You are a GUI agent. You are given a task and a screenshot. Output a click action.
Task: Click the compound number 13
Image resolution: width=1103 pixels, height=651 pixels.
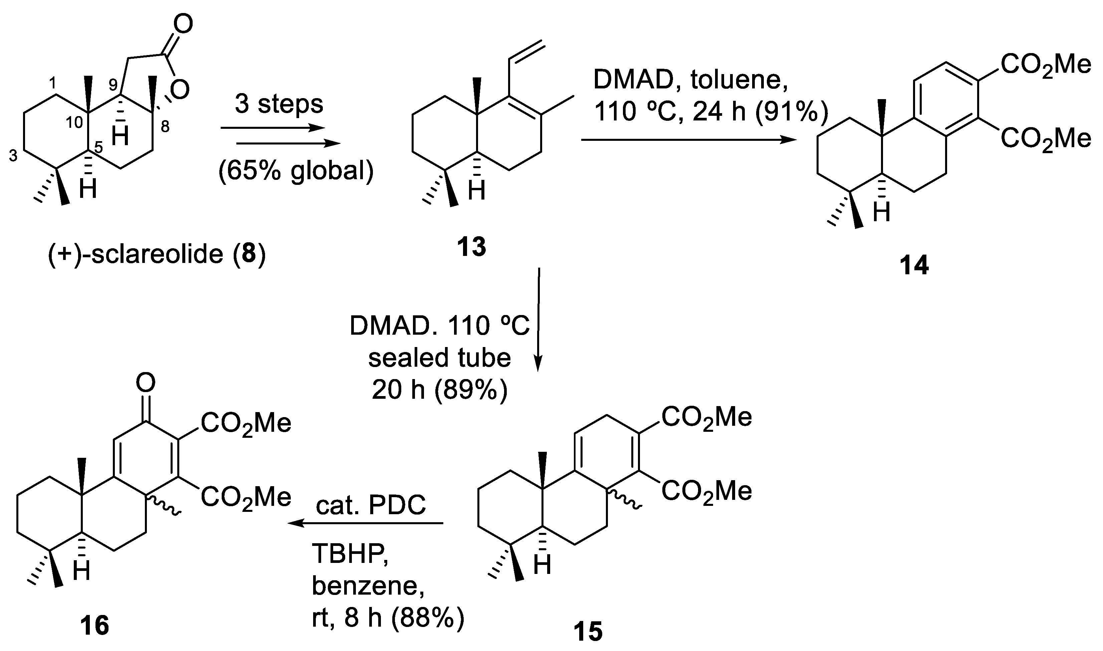(471, 247)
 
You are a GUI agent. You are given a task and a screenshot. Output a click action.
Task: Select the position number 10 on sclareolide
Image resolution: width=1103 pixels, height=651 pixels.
(75, 122)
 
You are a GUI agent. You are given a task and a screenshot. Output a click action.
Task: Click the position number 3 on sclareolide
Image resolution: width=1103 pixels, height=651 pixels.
(13, 156)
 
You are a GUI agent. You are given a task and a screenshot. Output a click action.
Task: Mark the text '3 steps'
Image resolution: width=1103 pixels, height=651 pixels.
(279, 104)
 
